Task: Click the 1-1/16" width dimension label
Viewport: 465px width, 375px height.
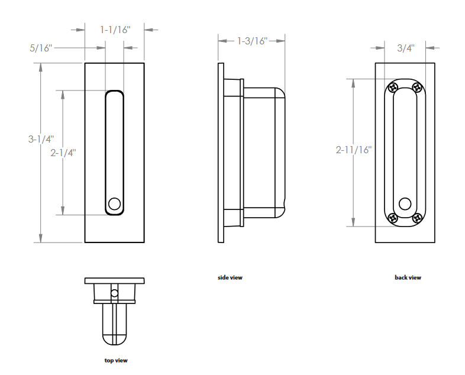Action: (114, 29)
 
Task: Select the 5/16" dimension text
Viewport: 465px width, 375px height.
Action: (41, 48)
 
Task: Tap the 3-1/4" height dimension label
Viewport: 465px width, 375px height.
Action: (41, 140)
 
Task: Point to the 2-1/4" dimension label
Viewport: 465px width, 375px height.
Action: (63, 153)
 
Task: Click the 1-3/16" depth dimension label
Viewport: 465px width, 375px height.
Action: (252, 41)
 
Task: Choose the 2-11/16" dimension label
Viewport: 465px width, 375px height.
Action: (353, 150)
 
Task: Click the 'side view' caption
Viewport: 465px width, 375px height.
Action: (230, 277)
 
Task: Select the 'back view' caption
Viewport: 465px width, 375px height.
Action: (408, 277)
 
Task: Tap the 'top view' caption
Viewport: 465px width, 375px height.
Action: (115, 360)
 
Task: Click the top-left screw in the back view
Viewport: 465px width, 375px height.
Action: (392, 88)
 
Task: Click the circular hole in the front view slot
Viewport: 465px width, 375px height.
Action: (115, 205)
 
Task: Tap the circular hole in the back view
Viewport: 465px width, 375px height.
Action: (405, 203)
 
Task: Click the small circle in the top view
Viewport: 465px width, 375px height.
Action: (115, 293)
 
